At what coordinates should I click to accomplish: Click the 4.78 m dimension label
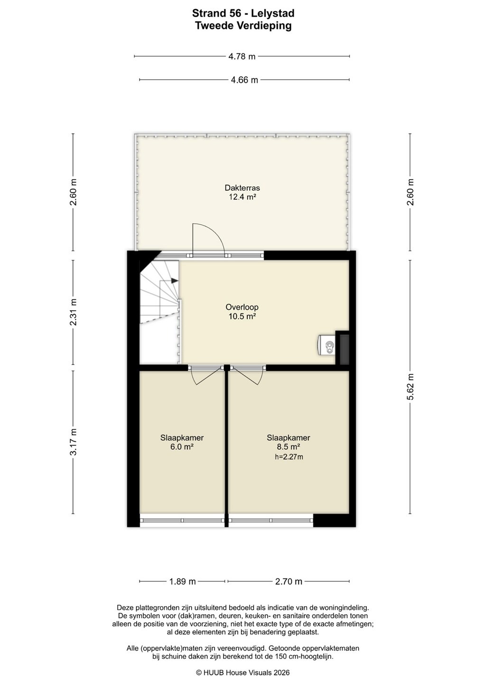tap(242, 57)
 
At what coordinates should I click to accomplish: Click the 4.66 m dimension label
tap(244, 80)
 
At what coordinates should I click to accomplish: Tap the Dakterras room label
tap(242, 188)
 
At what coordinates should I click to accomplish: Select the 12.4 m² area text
tap(242, 197)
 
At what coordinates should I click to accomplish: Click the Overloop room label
tap(242, 307)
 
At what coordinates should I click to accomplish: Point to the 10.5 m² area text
tap(242, 316)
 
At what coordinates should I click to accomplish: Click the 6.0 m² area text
tap(182, 446)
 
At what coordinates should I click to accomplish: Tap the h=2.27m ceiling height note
tap(288, 457)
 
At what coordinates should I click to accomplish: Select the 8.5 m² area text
tap(288, 446)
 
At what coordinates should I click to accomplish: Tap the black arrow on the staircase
tap(175, 280)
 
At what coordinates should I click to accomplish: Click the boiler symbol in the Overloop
tap(326, 345)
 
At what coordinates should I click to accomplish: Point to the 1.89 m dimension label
tap(182, 581)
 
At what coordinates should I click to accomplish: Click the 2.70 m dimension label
tap(288, 581)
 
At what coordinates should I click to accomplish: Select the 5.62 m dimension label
tap(410, 386)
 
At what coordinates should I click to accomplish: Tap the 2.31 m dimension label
tap(73, 312)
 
